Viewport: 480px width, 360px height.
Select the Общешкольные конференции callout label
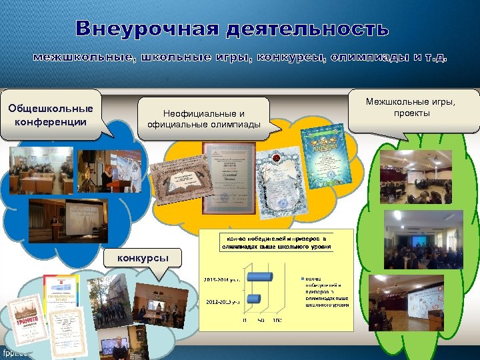pos(51,115)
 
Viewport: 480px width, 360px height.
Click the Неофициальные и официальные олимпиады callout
pos(204,119)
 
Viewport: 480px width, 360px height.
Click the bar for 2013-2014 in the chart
pos(259,276)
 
